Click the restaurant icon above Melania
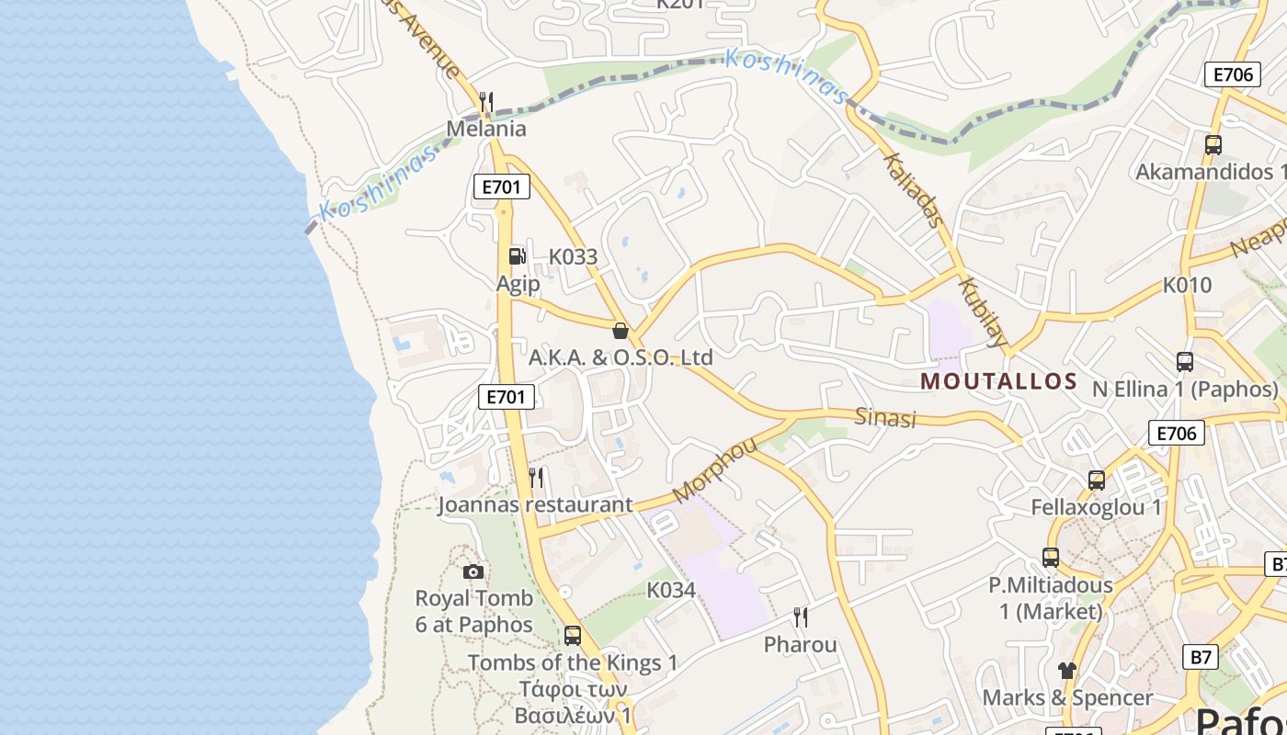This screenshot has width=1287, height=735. [x=487, y=101]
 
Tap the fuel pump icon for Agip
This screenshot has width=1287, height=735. [x=518, y=256]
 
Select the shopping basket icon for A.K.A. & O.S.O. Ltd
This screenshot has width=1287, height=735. [x=621, y=331]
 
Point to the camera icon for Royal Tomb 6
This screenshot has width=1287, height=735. [x=473, y=571]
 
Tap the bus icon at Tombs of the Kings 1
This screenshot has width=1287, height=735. [x=573, y=635]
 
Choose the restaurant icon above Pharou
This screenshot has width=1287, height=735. [x=801, y=616]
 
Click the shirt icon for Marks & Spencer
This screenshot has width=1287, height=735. [x=1066, y=671]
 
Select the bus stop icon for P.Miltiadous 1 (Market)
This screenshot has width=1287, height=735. [x=1051, y=557]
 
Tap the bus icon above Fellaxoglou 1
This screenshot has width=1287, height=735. [x=1097, y=480]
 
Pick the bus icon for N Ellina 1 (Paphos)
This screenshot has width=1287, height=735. [x=1185, y=362]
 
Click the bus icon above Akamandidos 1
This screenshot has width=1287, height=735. [x=1213, y=144]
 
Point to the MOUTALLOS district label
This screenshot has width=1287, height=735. [x=998, y=381]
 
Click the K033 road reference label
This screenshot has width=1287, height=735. [x=573, y=257]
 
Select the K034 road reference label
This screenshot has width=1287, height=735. [x=671, y=590]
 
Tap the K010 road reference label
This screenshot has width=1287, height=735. [x=1188, y=285]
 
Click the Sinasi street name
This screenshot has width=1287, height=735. [x=886, y=418]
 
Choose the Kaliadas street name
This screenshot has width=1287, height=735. [x=913, y=189]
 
